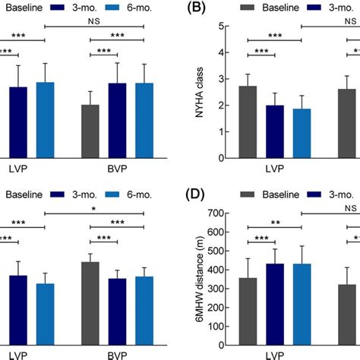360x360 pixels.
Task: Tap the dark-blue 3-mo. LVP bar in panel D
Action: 275,304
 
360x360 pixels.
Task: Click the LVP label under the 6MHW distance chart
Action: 275,355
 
